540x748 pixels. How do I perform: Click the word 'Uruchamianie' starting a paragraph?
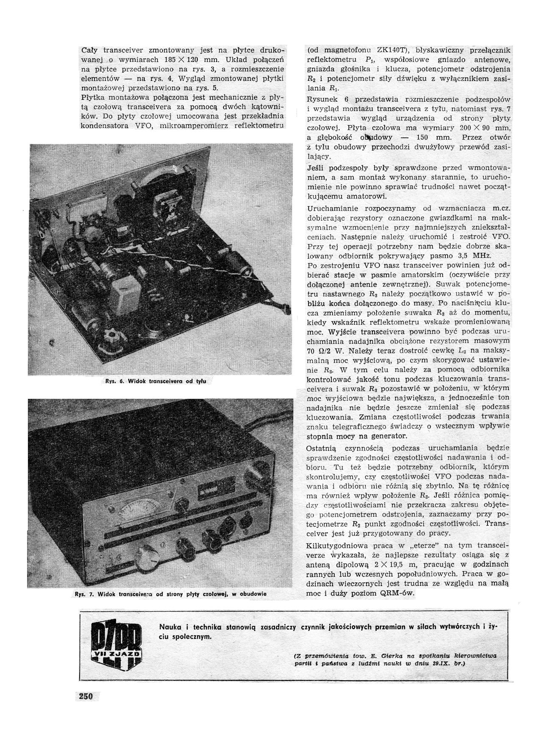pos(330,209)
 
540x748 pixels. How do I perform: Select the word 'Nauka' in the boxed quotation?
pos(169,627)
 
